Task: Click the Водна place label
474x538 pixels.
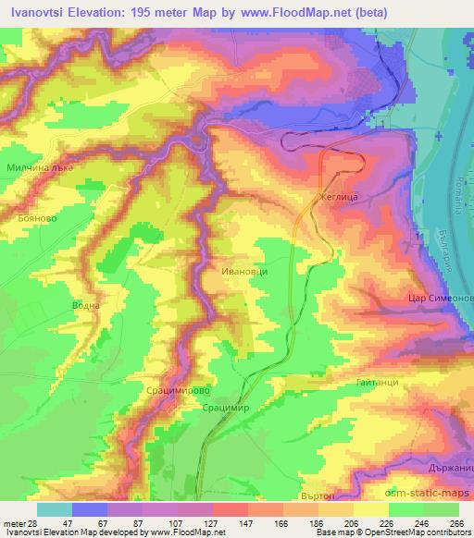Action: click(84, 305)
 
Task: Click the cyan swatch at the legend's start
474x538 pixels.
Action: click(54, 509)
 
